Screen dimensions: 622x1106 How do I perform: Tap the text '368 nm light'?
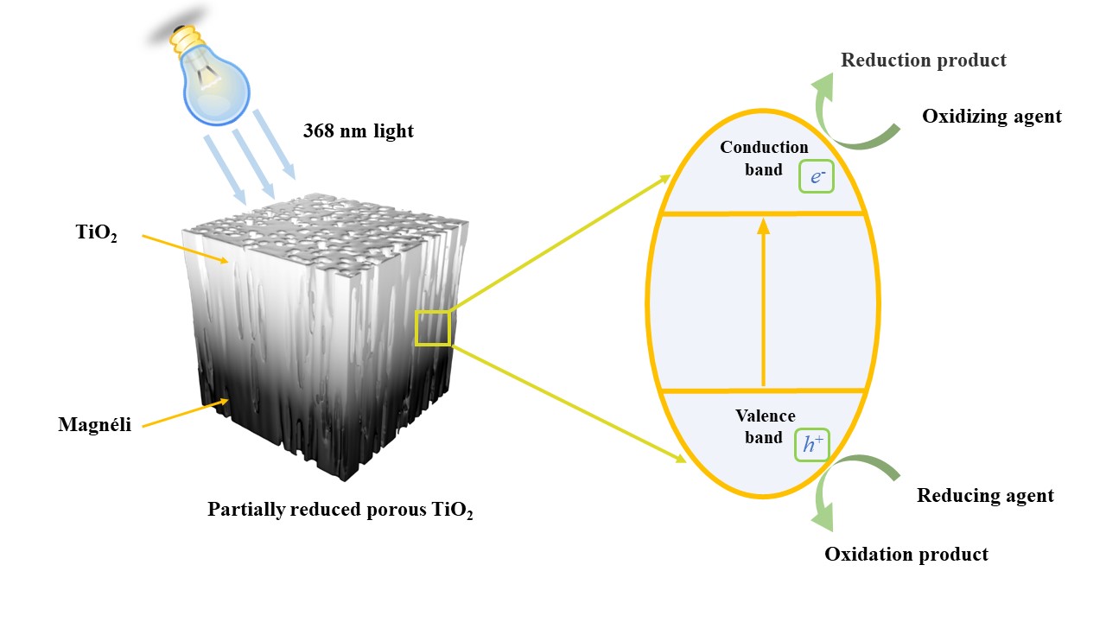point(358,131)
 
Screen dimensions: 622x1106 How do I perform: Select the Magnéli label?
point(95,424)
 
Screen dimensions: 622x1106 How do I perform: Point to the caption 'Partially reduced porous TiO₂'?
point(340,509)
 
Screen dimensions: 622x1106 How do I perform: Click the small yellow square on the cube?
point(433,328)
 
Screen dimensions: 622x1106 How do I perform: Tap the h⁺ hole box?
point(811,445)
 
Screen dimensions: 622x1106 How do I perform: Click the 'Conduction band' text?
point(764,158)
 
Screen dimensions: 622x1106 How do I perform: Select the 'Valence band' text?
point(764,427)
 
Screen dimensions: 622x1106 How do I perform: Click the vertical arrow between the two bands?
point(762,302)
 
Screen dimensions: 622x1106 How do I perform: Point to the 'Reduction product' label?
point(923,60)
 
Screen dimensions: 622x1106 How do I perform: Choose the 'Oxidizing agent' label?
point(991,116)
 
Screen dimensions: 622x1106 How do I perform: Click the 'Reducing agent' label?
point(985,495)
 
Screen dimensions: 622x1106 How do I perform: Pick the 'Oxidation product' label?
point(906,554)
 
